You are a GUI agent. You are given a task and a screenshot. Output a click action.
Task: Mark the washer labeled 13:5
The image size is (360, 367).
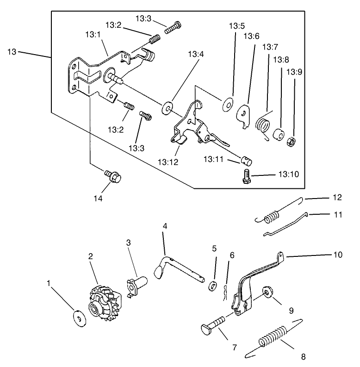point(227,104)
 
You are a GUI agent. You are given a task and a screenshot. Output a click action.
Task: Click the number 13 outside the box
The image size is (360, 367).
point(12,51)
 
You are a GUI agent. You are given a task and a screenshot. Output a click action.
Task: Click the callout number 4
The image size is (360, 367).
point(164,226)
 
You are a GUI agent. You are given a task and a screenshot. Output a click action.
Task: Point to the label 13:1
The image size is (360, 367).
point(94,35)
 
